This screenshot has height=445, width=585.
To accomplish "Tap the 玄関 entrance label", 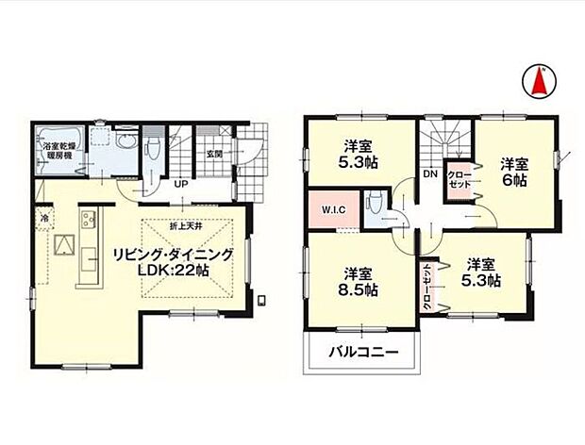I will (x=214, y=155).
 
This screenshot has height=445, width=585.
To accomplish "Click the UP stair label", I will (x=178, y=185).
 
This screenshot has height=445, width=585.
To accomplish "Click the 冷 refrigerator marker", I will (x=44, y=219).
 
